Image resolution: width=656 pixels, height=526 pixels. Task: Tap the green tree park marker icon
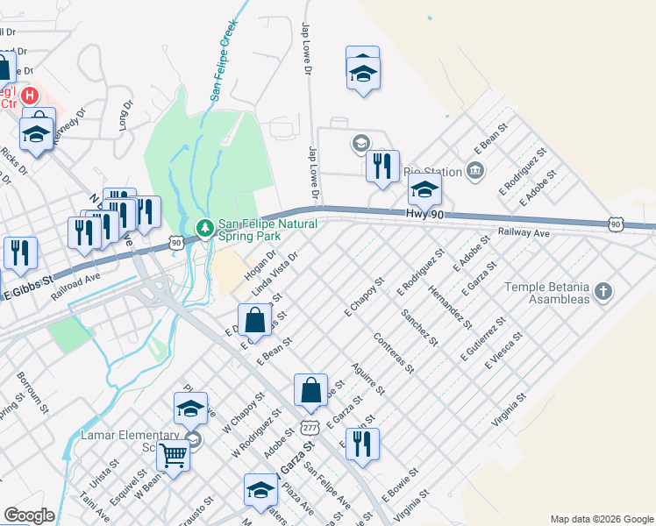pos(204,228)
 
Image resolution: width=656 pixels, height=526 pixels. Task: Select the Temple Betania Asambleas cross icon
pos(602,290)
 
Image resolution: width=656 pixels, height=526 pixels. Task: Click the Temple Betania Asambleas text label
pos(548,292)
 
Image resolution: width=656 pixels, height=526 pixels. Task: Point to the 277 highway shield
pos(309,427)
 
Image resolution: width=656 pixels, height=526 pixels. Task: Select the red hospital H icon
pos(29,94)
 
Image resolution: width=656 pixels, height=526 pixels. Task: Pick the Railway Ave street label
pos(523,233)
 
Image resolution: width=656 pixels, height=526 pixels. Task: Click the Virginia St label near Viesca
pos(508,410)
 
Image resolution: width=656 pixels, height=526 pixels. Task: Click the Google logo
pos(29,515)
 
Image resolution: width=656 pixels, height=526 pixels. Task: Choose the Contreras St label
pos(393,352)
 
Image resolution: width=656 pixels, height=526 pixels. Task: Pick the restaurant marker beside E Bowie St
pos(362,444)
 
